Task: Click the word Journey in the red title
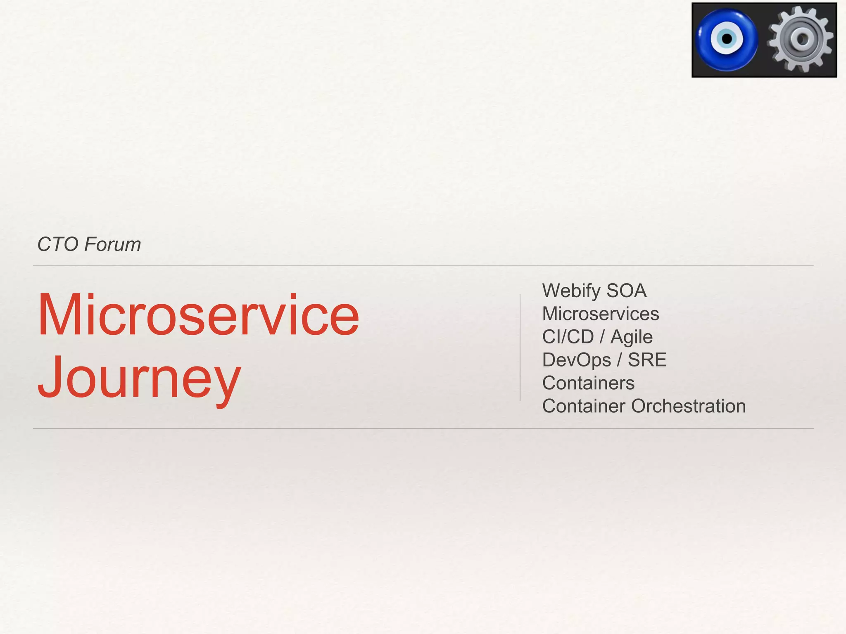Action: click(x=139, y=378)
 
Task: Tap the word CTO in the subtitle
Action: click(x=58, y=244)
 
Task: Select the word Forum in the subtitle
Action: click(x=112, y=244)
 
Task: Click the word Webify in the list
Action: click(x=571, y=291)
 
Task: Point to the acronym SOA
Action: click(x=626, y=291)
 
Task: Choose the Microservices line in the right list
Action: click(x=600, y=314)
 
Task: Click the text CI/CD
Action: click(x=568, y=337)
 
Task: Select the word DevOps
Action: click(x=576, y=360)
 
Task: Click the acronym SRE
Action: click(x=647, y=360)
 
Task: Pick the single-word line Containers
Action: click(x=588, y=383)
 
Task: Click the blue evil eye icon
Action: click(x=727, y=40)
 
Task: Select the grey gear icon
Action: click(x=801, y=40)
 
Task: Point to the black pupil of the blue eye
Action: click(x=727, y=39)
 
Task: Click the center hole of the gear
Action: click(x=803, y=39)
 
